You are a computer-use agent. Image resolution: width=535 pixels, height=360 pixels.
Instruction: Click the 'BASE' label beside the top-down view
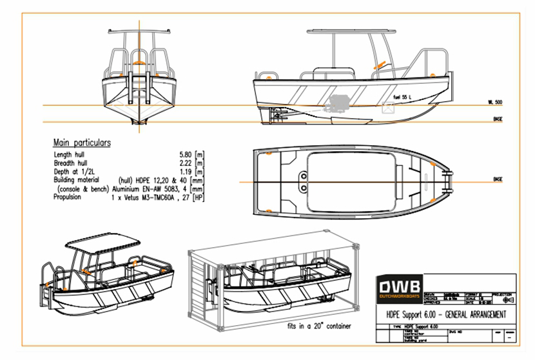pos(497,179)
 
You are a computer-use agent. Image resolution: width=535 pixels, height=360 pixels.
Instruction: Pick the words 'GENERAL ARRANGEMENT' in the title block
pos(474,314)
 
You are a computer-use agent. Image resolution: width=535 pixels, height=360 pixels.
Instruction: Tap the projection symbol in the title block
pos(509,300)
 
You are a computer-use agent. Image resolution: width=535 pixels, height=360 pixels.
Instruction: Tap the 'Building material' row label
pos(77,181)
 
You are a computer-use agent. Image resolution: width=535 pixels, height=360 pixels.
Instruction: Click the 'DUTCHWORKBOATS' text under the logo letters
pos(399,296)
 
